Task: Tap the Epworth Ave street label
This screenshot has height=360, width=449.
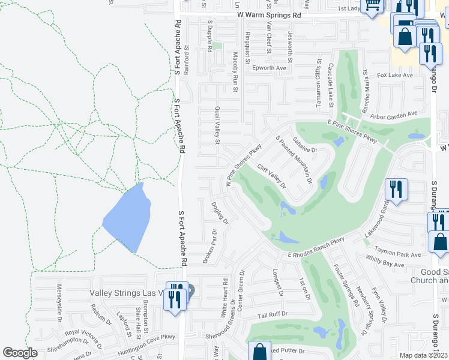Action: pos(270,68)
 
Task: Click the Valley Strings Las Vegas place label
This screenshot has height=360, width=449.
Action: pos(127,293)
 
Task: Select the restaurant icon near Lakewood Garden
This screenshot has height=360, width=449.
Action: pos(396,190)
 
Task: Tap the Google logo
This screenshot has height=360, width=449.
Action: pos(20,353)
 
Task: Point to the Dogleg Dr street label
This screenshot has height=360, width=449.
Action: pos(220,212)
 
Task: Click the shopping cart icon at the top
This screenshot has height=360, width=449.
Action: pos(373,5)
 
